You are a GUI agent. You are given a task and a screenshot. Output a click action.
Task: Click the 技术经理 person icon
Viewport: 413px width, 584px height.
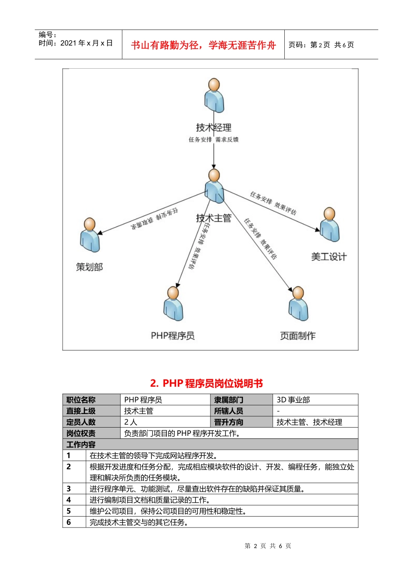click(x=214, y=96)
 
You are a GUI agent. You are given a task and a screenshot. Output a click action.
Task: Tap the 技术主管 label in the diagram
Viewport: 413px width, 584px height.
click(x=213, y=218)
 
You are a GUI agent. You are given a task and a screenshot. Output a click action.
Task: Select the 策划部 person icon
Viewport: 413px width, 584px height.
click(x=90, y=235)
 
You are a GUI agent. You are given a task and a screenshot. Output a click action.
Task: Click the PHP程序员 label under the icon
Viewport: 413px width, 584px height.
click(x=173, y=336)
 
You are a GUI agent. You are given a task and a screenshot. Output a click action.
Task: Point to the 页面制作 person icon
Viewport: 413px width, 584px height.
click(x=298, y=304)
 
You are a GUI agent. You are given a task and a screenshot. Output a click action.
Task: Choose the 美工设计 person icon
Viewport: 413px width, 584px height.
click(x=330, y=225)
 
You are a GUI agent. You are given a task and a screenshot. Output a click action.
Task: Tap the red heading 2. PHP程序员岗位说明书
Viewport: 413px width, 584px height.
click(x=206, y=383)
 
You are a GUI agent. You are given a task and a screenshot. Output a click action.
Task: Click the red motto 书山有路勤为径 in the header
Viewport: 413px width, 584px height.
click(x=203, y=45)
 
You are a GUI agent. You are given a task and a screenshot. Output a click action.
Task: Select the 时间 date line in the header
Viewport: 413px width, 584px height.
click(x=76, y=43)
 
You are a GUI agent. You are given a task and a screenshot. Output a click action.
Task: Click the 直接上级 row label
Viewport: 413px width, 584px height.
click(x=81, y=411)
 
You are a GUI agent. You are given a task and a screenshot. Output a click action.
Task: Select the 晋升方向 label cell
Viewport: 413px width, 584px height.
click(x=229, y=422)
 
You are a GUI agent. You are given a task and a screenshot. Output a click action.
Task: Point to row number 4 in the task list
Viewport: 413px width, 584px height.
click(x=69, y=500)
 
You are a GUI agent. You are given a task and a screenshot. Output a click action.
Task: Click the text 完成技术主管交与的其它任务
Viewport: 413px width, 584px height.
click(x=139, y=522)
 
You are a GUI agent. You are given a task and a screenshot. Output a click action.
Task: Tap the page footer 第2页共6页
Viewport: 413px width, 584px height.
click(x=268, y=546)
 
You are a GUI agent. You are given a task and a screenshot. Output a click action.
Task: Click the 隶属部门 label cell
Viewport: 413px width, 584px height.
click(x=229, y=400)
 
